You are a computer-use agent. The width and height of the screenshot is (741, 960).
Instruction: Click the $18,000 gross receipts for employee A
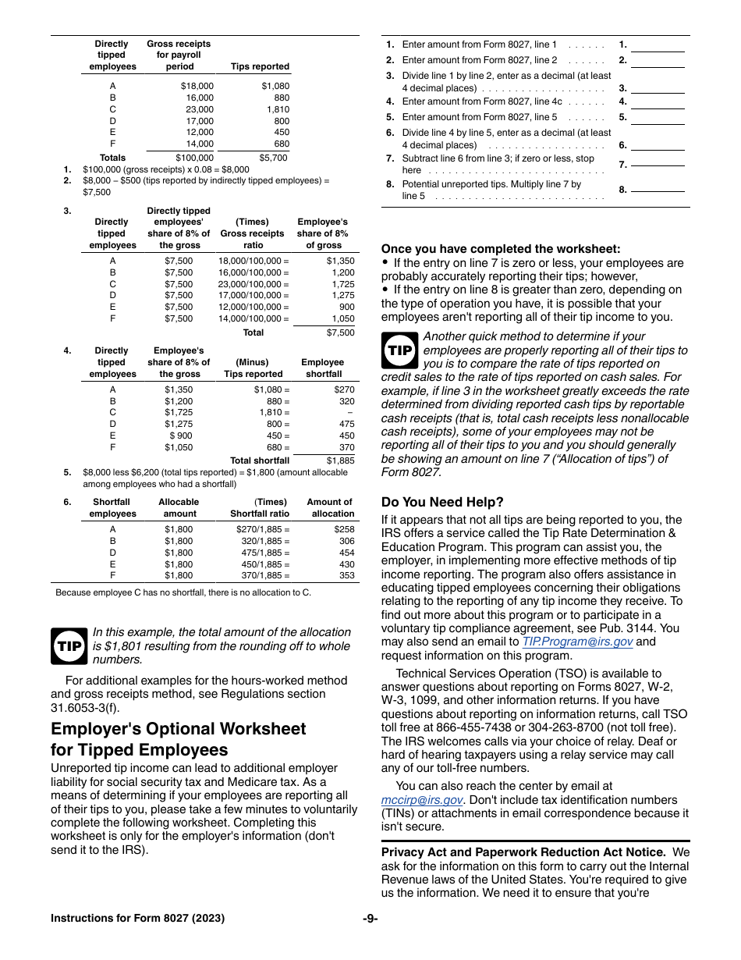[x=197, y=87]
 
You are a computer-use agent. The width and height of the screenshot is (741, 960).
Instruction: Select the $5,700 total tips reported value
[x=272, y=158]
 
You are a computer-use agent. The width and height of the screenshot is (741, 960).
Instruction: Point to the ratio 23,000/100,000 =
[x=253, y=284]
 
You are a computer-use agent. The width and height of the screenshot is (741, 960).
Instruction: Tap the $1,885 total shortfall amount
[x=340, y=460]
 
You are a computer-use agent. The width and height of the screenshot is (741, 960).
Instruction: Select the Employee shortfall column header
[x=323, y=368]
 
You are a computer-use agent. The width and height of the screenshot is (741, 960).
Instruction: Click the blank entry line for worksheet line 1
[x=658, y=46]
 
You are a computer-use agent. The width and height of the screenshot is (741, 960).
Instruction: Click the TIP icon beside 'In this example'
[x=69, y=646]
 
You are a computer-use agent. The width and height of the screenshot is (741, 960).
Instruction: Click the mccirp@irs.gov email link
[x=422, y=800]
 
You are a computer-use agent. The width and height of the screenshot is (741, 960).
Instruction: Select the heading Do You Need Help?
[x=442, y=502]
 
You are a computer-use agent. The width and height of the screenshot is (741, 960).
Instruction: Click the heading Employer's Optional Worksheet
[x=179, y=729]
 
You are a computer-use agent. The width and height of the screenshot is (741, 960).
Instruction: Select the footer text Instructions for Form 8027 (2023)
[x=137, y=919]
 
